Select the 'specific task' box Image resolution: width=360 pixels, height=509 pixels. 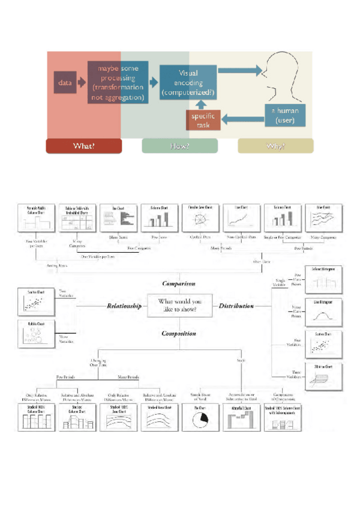click(x=203, y=119)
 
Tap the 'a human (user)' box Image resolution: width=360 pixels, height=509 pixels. click(x=285, y=115)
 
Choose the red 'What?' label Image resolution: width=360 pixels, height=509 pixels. click(x=83, y=146)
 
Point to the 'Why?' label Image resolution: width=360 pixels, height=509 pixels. click(x=275, y=146)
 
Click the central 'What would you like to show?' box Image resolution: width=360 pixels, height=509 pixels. click(x=179, y=306)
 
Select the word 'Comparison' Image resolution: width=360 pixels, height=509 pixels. click(x=179, y=283)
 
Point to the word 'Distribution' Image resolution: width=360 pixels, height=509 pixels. click(x=236, y=306)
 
